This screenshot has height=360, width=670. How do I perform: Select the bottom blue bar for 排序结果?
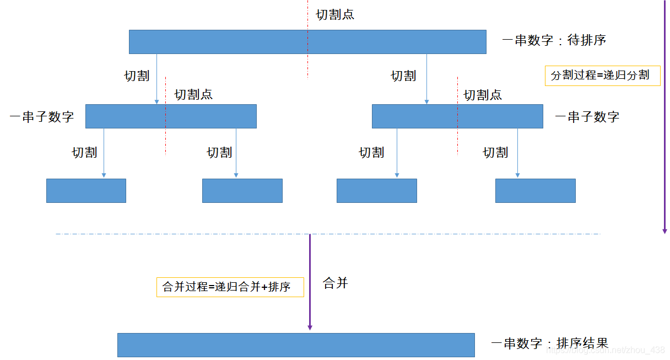(x=296, y=345)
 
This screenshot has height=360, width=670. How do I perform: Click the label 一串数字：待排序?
(x=554, y=40)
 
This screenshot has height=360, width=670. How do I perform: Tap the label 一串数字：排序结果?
(x=549, y=343)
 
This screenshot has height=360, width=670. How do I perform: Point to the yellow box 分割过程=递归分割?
(x=602, y=76)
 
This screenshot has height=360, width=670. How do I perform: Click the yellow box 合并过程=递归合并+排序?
(x=230, y=287)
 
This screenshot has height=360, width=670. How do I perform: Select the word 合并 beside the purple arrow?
(x=336, y=284)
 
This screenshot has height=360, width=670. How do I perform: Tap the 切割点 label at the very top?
(x=335, y=15)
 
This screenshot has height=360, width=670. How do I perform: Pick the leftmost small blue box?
(x=86, y=191)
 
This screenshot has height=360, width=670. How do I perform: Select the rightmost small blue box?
(x=535, y=191)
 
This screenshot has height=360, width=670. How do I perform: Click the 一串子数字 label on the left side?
(x=42, y=117)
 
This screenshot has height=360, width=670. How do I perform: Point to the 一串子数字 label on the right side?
(x=587, y=117)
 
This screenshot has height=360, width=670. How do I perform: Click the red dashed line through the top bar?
(x=307, y=66)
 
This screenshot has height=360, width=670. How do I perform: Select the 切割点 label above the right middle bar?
(x=483, y=95)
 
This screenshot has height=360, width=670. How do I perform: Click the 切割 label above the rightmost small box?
(x=495, y=153)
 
